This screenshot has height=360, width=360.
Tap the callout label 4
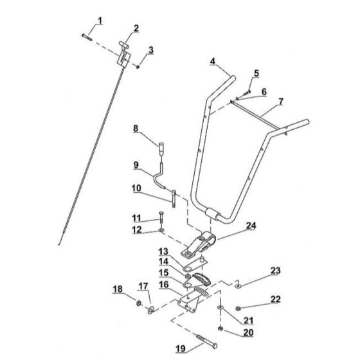click(212, 61)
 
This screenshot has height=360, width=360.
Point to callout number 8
click(136, 128)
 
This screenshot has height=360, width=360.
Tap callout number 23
click(275, 271)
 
